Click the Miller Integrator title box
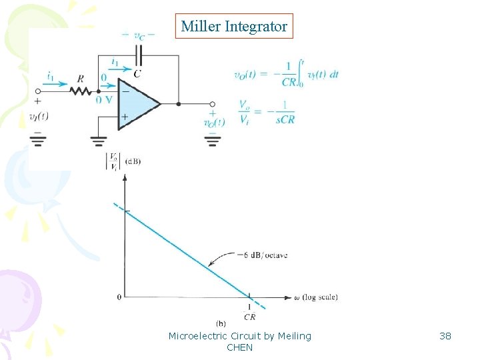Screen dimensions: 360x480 pos(234,27)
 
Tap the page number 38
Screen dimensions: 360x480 pos(445,336)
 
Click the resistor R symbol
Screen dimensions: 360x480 pos(80,91)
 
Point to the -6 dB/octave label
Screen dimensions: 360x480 pos(262,255)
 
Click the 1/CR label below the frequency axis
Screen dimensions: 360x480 pos(249,312)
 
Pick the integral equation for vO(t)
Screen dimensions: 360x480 pos(286,73)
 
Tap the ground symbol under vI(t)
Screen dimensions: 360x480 pos(39,138)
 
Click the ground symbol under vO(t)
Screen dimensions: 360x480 pos(213,138)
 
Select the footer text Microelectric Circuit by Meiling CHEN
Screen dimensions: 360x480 pos(240,341)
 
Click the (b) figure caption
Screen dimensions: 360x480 pos(221,323)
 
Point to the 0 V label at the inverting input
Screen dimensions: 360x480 pos(103,100)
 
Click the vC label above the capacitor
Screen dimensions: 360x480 pos(139,35)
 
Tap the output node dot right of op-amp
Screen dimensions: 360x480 pos(179,104)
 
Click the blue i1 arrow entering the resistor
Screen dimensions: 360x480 pos(57,84)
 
